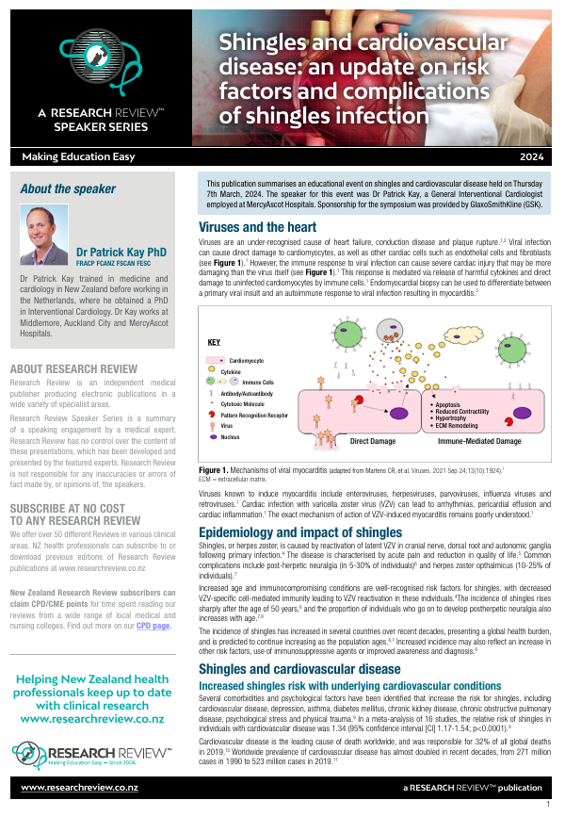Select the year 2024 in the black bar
(533, 157)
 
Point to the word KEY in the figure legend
(215, 343)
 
